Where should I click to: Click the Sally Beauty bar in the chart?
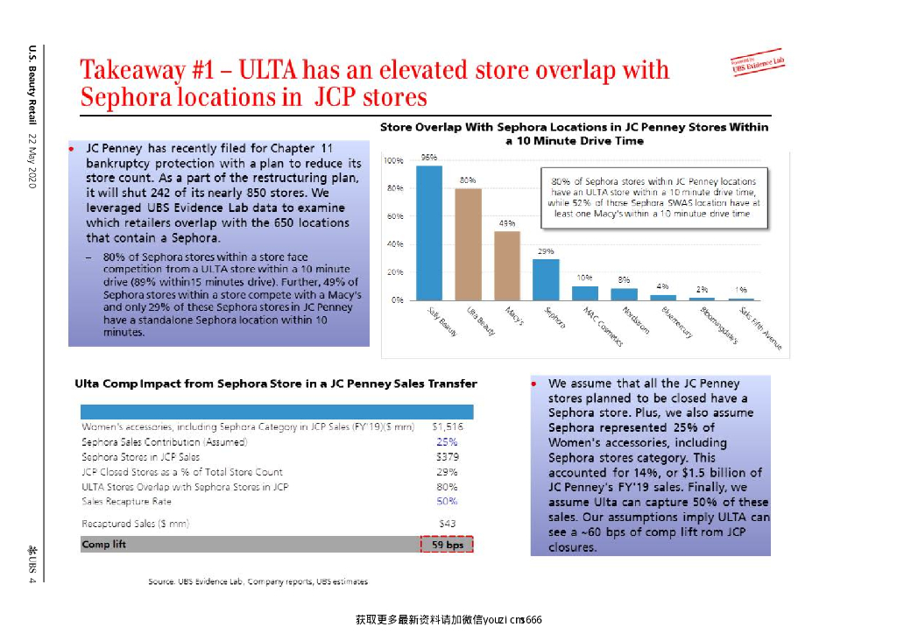[x=429, y=232]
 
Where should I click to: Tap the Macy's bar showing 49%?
[x=507, y=265]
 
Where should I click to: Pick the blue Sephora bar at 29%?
[x=546, y=279]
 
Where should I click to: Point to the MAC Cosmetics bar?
[x=585, y=292]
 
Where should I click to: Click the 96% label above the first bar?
[x=429, y=157]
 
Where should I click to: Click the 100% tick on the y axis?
[x=392, y=161]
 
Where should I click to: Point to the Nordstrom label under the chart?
[x=636, y=322]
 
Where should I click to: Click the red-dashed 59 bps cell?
[x=447, y=545]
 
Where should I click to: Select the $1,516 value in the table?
[x=447, y=427]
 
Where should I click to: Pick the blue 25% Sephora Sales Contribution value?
[x=447, y=442]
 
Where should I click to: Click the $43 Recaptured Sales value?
[x=447, y=524]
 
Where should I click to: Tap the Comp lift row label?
[x=102, y=545]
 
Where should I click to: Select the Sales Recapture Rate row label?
[x=127, y=502]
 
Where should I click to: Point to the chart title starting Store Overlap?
[x=574, y=133]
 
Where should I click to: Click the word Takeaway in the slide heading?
[x=131, y=70]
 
